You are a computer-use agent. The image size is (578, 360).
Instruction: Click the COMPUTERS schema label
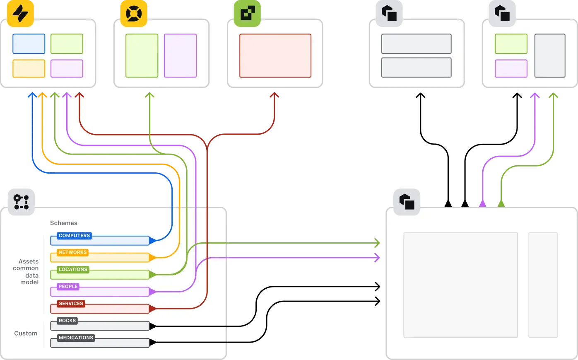[x=74, y=236]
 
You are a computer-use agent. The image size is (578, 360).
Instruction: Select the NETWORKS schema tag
[x=72, y=252]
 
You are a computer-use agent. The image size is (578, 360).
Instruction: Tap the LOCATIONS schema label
[x=73, y=269]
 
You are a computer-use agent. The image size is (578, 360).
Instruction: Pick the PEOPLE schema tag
[x=68, y=286]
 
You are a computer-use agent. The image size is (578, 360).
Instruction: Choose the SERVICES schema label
[x=71, y=304]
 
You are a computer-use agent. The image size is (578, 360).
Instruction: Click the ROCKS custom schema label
[x=67, y=321]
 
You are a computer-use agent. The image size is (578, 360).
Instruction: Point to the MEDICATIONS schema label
[x=76, y=338]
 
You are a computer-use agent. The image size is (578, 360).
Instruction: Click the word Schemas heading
[x=63, y=223]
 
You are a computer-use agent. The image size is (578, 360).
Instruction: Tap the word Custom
[x=26, y=333]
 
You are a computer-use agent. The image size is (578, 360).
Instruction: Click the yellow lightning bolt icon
[x=20, y=14]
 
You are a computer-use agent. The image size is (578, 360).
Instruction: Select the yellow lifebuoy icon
[x=134, y=14]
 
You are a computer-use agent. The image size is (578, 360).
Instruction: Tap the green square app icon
[x=248, y=14]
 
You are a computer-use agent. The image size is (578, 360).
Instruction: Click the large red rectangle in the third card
[x=275, y=56]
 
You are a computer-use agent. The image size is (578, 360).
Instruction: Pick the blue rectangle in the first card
[x=29, y=44]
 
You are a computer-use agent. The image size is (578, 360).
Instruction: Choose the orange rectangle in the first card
[x=29, y=68]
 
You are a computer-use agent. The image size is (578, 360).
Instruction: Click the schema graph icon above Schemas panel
[x=22, y=202]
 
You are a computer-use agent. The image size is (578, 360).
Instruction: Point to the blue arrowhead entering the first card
[x=32, y=95]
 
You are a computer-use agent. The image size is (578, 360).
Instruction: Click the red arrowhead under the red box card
[x=274, y=95]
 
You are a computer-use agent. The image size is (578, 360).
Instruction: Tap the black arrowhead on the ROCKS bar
[x=153, y=326]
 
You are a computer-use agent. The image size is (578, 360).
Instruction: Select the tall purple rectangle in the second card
[x=180, y=56]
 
